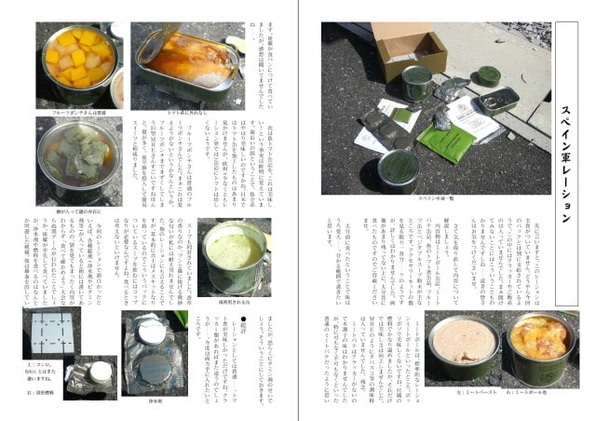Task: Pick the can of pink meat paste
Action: click(x=462, y=345)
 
